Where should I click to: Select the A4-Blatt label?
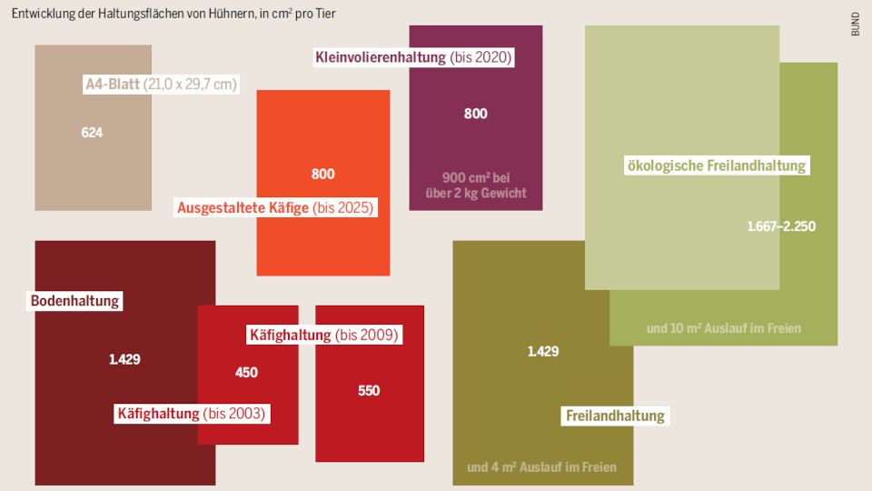pyautogui.click(x=160, y=85)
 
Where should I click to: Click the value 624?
pyautogui.click(x=92, y=133)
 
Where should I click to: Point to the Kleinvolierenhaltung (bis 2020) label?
pyautogui.click(x=413, y=57)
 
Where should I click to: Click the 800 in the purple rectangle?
pyautogui.click(x=475, y=114)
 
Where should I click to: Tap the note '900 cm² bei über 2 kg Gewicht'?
pyautogui.click(x=475, y=185)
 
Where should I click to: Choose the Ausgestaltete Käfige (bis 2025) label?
pyautogui.click(x=275, y=207)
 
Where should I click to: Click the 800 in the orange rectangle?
pyautogui.click(x=322, y=174)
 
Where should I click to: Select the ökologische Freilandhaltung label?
pyautogui.click(x=716, y=165)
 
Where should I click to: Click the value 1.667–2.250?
pyautogui.click(x=780, y=226)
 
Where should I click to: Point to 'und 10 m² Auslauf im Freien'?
pyautogui.click(x=723, y=328)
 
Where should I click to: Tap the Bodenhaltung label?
pyautogui.click(x=75, y=301)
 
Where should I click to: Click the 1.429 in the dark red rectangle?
pyautogui.click(x=124, y=359)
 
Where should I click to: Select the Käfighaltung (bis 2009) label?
pyautogui.click(x=323, y=335)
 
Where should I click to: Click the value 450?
pyautogui.click(x=246, y=372)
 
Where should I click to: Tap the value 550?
pyautogui.click(x=369, y=391)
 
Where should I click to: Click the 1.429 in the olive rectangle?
pyautogui.click(x=543, y=351)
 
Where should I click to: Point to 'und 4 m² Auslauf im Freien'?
pyautogui.click(x=541, y=467)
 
